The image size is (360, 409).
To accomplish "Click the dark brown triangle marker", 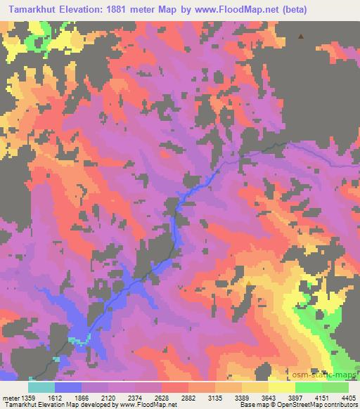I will point(302,37).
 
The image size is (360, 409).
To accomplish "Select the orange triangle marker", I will point(248,283).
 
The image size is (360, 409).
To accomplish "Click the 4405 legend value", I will point(348,396).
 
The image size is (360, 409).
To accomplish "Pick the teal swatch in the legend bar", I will point(41,387).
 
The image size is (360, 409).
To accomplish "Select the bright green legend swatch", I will point(309,387).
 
